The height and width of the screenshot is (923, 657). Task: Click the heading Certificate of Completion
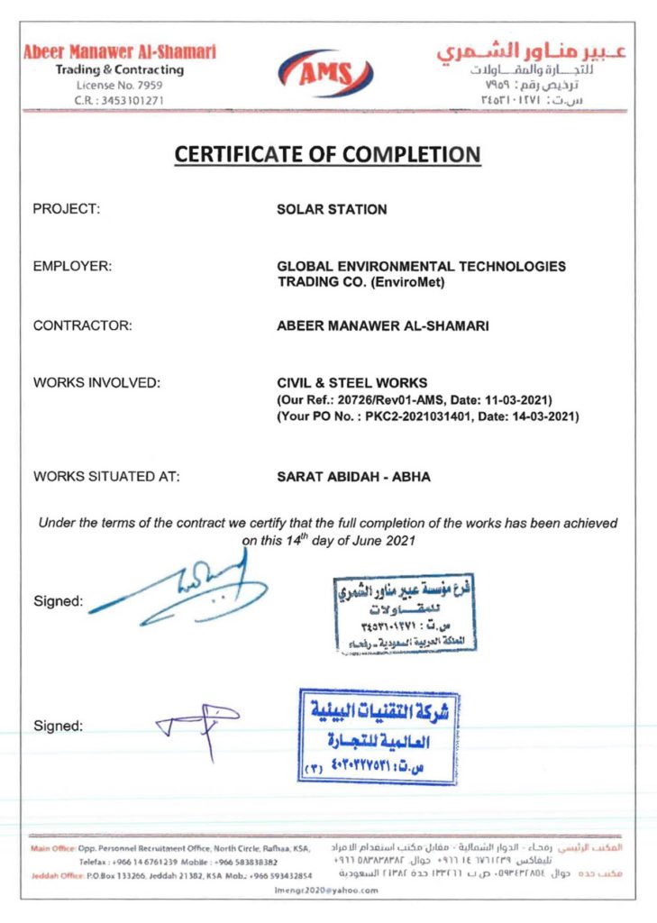pyautogui.click(x=327, y=154)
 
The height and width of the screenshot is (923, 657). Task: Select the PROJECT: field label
pyautogui.click(x=66, y=210)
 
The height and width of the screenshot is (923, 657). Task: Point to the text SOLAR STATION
pyautogui.click(x=331, y=210)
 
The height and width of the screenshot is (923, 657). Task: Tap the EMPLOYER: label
pyautogui.click(x=72, y=267)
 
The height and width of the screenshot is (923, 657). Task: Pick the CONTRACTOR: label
pyautogui.click(x=82, y=326)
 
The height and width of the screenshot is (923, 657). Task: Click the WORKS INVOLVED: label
pyautogui.click(x=96, y=383)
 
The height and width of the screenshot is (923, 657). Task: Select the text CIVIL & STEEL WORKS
pyautogui.click(x=351, y=383)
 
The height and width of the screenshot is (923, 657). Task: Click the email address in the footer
pyautogui.click(x=327, y=889)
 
